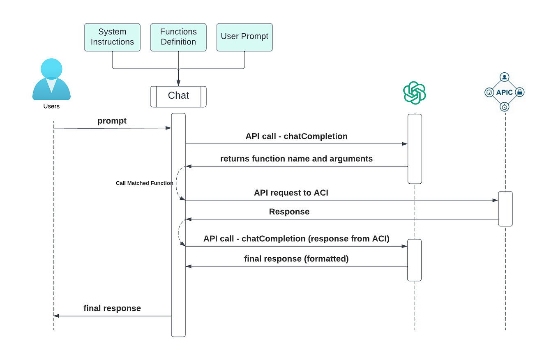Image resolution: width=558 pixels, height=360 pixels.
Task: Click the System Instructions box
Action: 112,37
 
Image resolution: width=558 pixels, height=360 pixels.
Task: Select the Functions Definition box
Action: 178,37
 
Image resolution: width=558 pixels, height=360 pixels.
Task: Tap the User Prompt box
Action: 244,37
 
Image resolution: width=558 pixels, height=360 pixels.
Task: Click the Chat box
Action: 178,96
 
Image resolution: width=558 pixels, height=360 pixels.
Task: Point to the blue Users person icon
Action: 51,80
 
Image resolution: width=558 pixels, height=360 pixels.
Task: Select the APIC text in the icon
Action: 504,92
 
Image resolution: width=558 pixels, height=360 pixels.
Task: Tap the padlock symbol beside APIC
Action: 519,92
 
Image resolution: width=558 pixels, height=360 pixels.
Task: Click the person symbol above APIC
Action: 505,77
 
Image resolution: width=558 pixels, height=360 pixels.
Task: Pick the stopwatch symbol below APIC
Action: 505,107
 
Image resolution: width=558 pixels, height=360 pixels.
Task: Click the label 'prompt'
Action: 112,121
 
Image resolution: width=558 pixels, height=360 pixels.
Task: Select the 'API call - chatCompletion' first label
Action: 296,136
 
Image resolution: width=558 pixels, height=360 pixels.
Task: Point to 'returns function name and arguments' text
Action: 296,159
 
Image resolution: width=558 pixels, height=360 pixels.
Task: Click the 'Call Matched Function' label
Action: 144,183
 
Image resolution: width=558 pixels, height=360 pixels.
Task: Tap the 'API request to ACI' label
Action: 291,192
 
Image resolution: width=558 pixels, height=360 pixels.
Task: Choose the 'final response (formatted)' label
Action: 296,259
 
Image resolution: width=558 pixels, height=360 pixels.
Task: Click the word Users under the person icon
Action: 51,106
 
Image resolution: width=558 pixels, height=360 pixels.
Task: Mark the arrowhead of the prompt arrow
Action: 168,128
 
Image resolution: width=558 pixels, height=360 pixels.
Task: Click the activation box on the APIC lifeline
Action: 505,209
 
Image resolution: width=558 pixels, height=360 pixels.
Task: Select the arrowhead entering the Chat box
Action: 178,83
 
